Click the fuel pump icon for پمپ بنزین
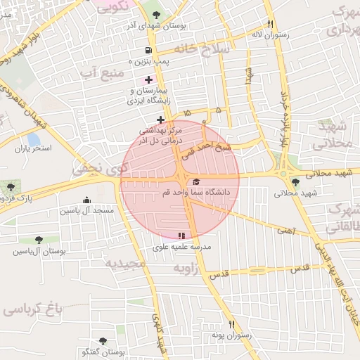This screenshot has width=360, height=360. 148,50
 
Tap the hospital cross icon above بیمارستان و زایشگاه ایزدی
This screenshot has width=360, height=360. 148,79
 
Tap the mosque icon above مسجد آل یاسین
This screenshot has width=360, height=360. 86,200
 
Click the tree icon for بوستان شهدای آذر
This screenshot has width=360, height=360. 156,15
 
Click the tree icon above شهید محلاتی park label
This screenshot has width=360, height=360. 295,182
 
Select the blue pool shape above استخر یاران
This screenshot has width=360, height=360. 33,139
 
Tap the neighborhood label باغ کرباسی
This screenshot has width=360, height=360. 32,309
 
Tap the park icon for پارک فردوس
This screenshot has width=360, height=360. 11,187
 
